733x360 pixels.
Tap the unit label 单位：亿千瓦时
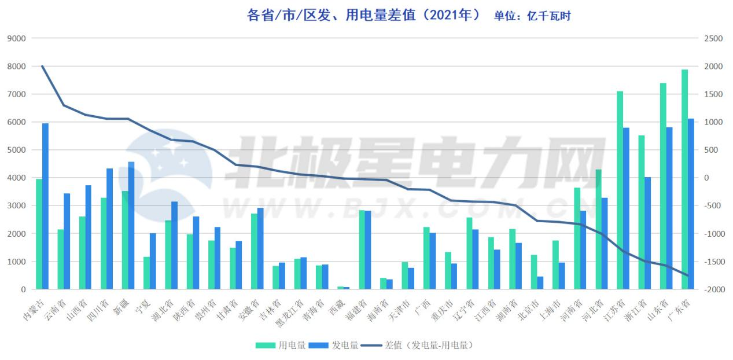coord(532,16)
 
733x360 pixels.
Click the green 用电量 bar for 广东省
coord(684,179)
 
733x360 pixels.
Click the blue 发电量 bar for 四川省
coord(110,229)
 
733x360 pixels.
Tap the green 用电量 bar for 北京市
coord(534,272)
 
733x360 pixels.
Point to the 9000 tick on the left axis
coord(16,39)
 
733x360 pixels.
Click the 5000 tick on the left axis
coord(16,150)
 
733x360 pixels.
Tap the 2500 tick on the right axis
coord(713,39)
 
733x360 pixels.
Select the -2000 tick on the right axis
coord(712,289)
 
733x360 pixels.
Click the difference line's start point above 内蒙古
coord(42,67)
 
